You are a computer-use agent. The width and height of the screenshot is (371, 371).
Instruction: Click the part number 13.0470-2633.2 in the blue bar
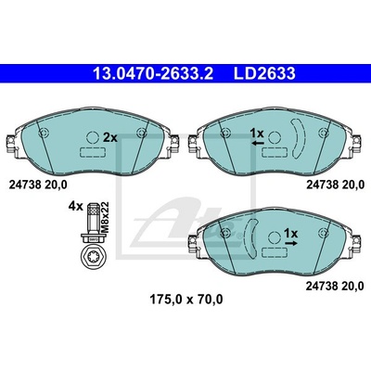click(153, 74)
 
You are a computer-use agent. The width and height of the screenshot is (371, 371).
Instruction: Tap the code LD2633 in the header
click(264, 74)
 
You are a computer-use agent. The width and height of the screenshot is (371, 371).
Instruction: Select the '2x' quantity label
click(110, 137)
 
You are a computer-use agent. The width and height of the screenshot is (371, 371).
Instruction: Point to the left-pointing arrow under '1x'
click(258, 143)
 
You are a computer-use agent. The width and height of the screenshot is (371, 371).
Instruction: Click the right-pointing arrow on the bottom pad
click(291, 243)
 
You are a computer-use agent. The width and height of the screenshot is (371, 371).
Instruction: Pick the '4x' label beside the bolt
click(76, 206)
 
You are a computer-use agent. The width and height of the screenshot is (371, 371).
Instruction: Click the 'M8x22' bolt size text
click(106, 216)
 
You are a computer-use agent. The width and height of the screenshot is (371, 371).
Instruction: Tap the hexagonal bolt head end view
click(93, 256)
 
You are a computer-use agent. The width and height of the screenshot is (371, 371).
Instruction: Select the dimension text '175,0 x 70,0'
click(186, 300)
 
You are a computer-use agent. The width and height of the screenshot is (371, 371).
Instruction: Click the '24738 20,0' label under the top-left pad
click(38, 185)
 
